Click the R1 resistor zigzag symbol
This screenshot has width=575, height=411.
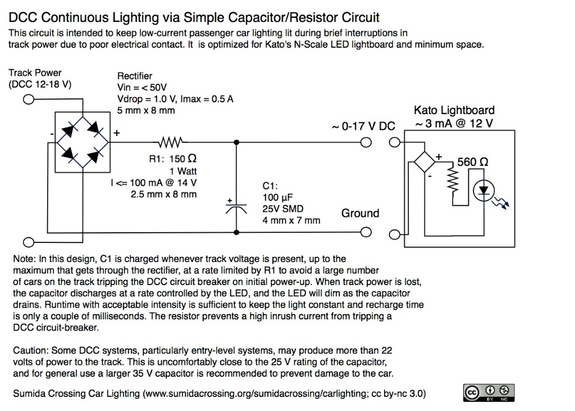[169, 142]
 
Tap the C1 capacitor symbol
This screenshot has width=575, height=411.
[236, 208]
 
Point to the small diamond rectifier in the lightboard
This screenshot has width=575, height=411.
[425, 161]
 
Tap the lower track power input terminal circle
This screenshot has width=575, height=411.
[28, 242]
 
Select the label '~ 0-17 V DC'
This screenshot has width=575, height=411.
[364, 127]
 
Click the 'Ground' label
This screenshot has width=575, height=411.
[360, 213]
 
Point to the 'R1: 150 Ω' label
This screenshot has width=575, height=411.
[172, 159]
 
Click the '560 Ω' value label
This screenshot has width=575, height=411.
[472, 162]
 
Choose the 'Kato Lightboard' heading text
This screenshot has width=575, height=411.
[454, 111]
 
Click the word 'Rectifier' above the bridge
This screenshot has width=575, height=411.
[134, 76]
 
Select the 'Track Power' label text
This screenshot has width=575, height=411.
[35, 73]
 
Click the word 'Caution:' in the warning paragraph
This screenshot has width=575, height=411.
[32, 350]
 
